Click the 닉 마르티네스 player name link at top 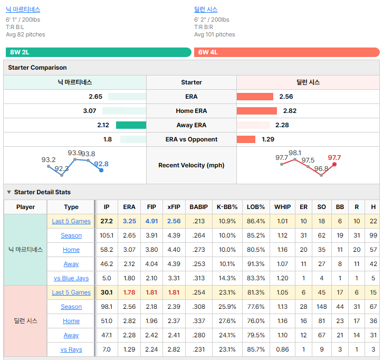click(23, 10)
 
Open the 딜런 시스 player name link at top click(206, 10)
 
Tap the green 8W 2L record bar click(99, 52)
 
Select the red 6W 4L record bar click(287, 52)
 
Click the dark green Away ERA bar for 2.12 click(131, 125)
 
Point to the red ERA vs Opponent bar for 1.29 click(246, 139)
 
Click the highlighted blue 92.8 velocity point click(101, 170)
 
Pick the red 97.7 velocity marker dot click(334, 165)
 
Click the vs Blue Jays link click(71, 278)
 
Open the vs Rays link click(71, 349)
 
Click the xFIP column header click(174, 207)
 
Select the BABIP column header click(198, 207)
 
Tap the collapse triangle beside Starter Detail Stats click(9, 192)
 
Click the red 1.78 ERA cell click(129, 292)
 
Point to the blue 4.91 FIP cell click(151, 221)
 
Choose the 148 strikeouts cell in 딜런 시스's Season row click(321, 307)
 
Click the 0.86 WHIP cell click(282, 349)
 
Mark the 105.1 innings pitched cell click(107, 235)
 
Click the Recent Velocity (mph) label click(191, 165)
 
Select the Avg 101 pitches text click(215, 34)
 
